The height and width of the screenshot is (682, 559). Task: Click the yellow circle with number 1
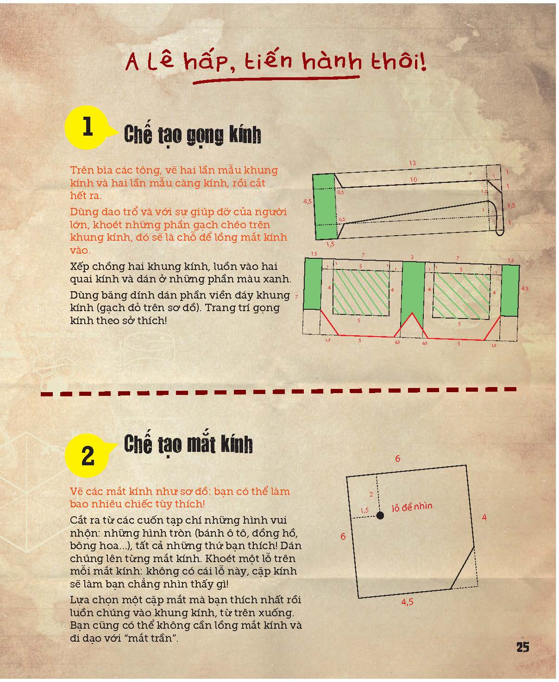click(x=87, y=127)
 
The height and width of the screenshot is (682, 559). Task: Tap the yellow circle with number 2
click(x=88, y=456)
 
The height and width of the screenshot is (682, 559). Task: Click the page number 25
click(x=522, y=647)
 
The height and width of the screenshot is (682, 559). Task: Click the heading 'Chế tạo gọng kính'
click(x=193, y=136)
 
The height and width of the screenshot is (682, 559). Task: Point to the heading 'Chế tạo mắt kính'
click(x=188, y=444)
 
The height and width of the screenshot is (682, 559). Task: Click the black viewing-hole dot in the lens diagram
click(x=380, y=515)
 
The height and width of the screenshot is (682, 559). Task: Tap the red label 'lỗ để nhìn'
click(x=412, y=507)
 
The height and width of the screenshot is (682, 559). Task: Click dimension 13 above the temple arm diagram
click(x=413, y=163)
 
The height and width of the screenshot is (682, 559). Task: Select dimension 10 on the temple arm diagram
click(x=414, y=180)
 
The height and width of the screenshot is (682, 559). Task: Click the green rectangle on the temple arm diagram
click(x=326, y=206)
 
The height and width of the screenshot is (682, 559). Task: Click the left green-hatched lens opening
click(x=361, y=292)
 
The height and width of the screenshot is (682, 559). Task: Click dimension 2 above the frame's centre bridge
click(x=412, y=257)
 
